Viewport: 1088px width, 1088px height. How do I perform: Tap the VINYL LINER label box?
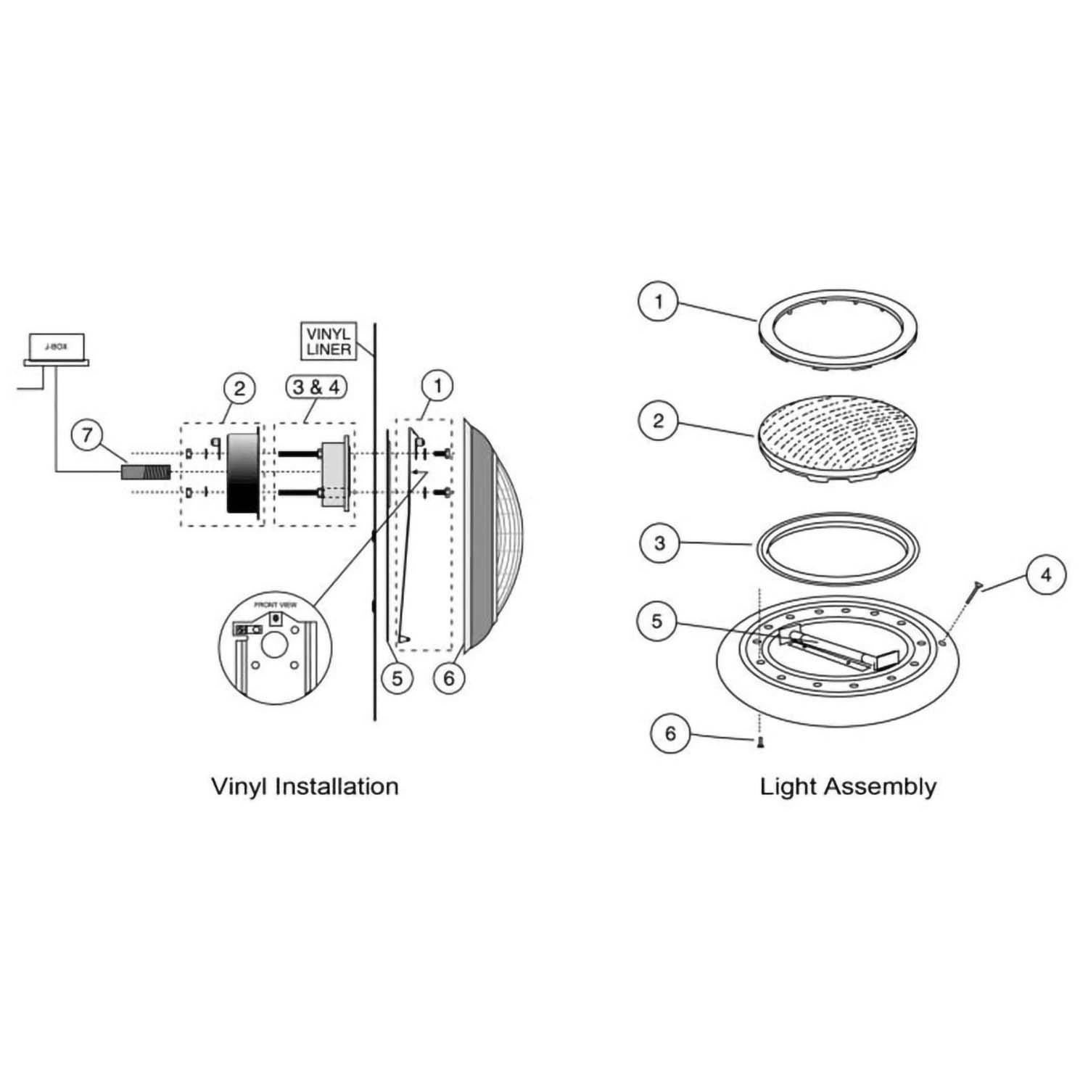[x=329, y=342]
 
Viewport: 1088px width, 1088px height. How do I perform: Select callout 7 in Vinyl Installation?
[x=88, y=435]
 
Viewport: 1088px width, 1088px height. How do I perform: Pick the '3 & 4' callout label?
[x=316, y=387]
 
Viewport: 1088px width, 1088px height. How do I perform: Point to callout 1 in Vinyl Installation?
[x=437, y=386]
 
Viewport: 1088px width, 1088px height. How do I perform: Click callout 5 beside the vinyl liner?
[x=397, y=678]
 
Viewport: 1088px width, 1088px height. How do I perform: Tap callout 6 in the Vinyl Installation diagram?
[x=448, y=678]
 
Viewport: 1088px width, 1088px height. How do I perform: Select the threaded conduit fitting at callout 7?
[x=145, y=474]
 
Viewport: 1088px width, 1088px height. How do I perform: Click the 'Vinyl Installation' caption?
[x=305, y=786]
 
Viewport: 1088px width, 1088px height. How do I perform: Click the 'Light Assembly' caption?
[x=848, y=786]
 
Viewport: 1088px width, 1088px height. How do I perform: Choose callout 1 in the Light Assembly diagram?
[x=658, y=301]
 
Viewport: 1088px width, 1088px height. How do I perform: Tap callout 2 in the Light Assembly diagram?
[x=658, y=421]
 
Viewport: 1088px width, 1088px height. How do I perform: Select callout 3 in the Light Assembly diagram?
[x=659, y=543]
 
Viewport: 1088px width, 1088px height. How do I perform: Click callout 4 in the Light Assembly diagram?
[x=1045, y=574]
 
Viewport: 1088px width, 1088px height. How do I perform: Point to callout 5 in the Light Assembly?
[x=656, y=621]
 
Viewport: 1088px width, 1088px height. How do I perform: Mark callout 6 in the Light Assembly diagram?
[x=669, y=733]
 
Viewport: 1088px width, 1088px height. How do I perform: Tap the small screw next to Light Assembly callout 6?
[x=759, y=742]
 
